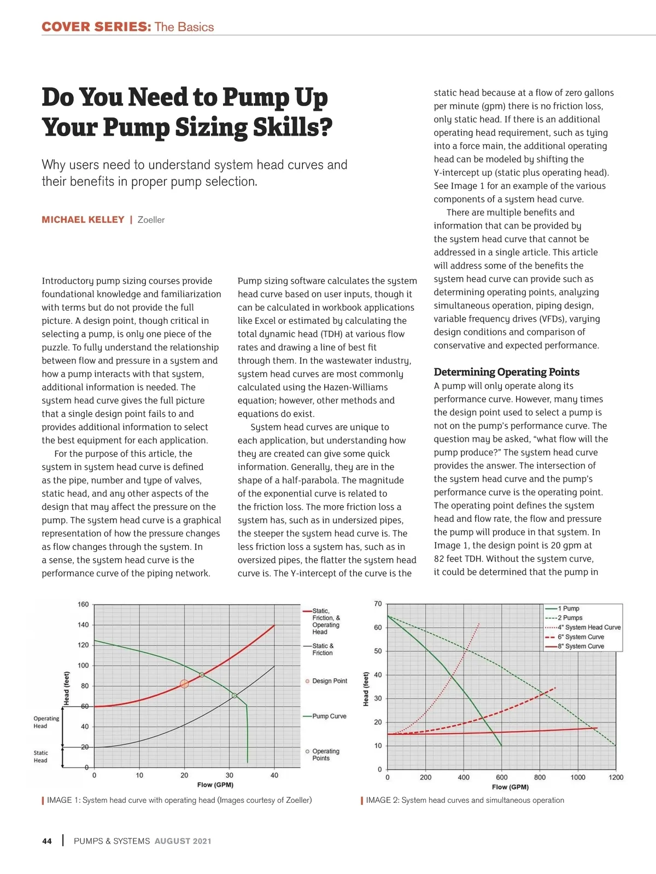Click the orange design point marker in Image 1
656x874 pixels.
pyautogui.click(x=184, y=684)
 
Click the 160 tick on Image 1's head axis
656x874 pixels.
pyautogui.click(x=83, y=604)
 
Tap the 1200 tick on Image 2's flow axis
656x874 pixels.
pyautogui.click(x=616, y=777)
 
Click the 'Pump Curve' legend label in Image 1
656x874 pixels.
pyautogui.click(x=329, y=716)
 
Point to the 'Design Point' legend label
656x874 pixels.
pyautogui.click(x=330, y=681)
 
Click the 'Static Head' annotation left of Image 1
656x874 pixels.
pyautogui.click(x=40, y=756)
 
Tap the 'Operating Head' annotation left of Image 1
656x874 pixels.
pyautogui.click(x=46, y=722)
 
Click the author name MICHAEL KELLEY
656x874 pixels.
pyautogui.click(x=83, y=220)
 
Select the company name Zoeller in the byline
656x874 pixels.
pyautogui.click(x=151, y=220)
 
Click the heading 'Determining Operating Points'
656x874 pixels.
pyautogui.click(x=506, y=372)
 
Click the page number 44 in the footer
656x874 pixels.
pyautogui.click(x=47, y=841)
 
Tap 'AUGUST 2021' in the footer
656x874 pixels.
pyautogui.click(x=183, y=841)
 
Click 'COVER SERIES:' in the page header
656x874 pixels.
pyautogui.click(x=96, y=27)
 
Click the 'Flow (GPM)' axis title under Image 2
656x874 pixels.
pyautogui.click(x=510, y=787)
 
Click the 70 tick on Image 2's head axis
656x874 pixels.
pyautogui.click(x=378, y=604)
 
